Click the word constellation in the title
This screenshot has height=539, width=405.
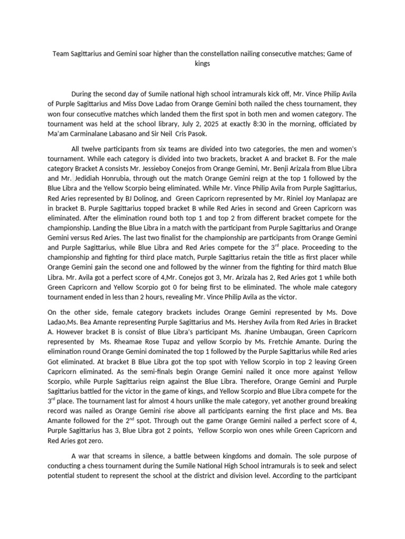tap(219, 53)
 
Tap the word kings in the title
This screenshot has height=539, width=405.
tap(202, 63)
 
